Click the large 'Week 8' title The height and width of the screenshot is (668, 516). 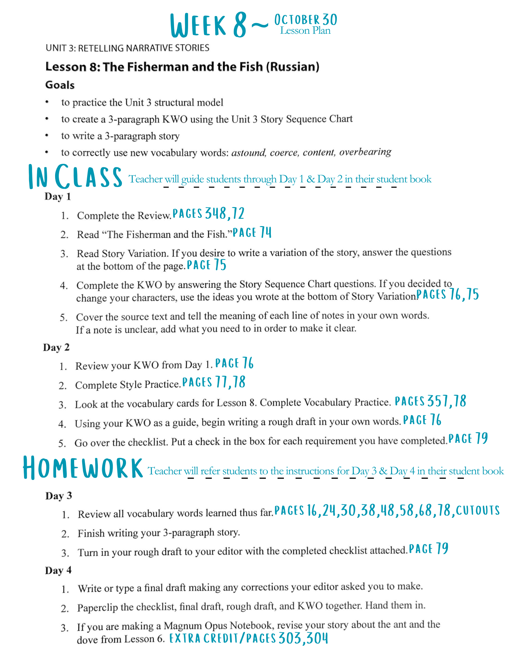coord(209,25)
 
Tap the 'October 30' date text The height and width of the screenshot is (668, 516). coord(305,19)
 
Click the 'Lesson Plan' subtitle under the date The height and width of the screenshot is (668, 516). coord(305,31)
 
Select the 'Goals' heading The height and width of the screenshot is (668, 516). coord(60,85)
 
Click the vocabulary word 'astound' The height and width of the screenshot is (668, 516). coord(248,153)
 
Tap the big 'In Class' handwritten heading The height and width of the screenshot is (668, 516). coord(75,177)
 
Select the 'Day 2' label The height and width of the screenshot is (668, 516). coord(56,347)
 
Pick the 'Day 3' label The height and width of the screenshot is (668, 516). coord(58,496)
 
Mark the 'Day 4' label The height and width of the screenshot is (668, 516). coord(58,570)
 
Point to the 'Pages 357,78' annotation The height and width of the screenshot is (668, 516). coord(430,401)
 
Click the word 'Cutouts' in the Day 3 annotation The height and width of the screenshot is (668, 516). coord(478,510)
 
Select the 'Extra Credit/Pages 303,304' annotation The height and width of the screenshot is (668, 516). coord(249,638)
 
